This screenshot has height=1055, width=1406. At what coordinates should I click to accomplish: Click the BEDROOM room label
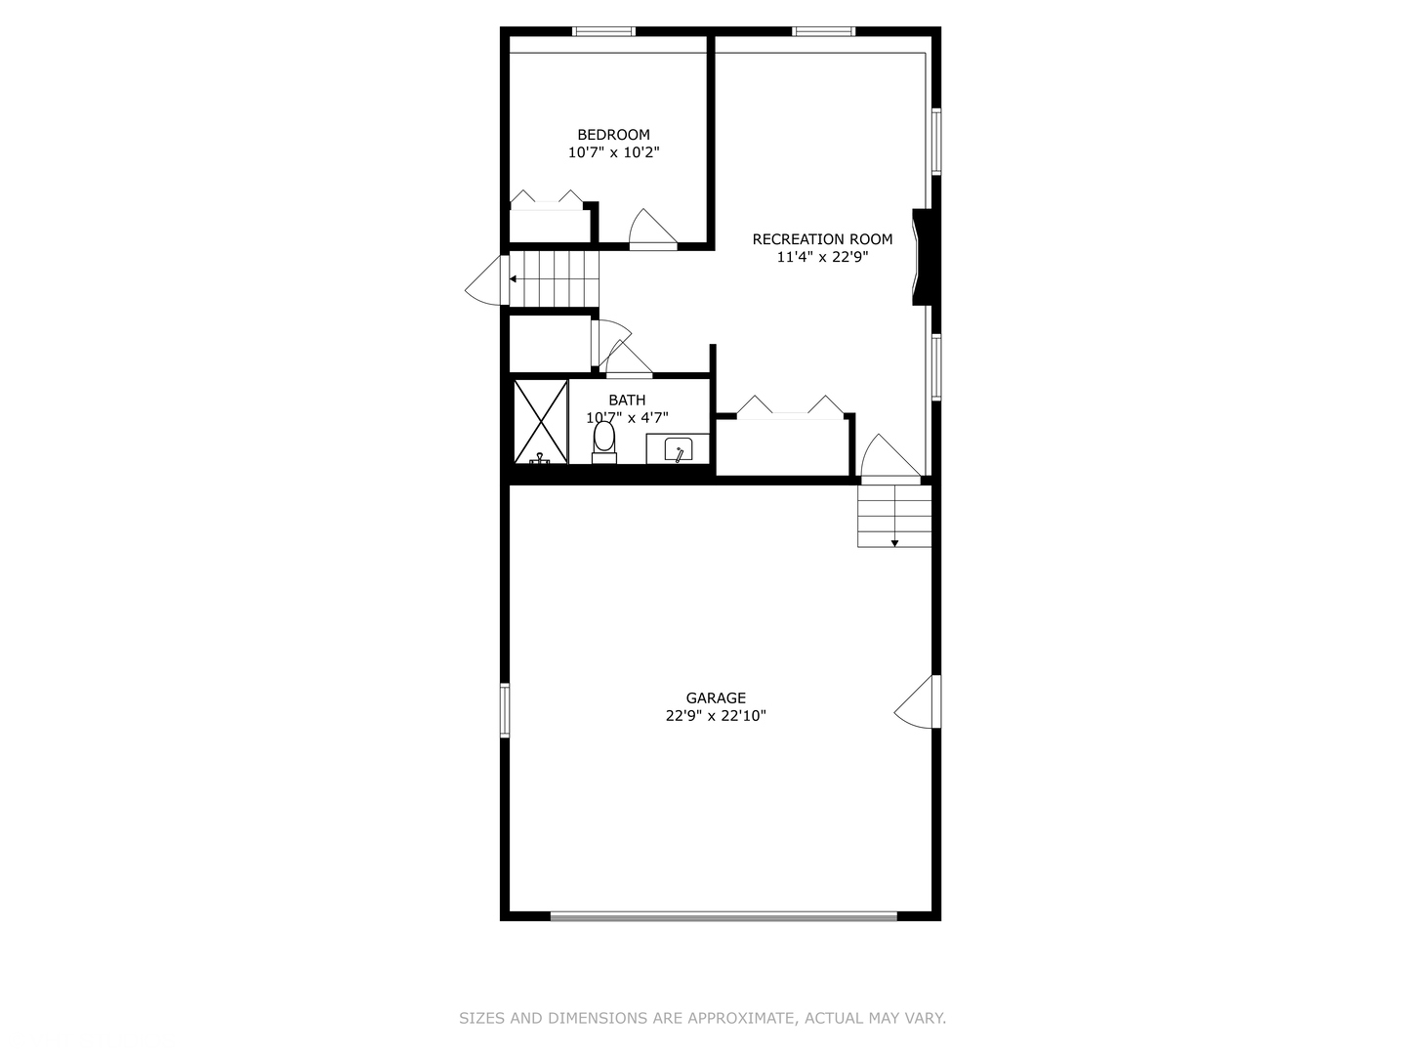click(613, 135)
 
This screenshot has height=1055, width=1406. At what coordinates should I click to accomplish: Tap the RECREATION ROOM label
click(822, 239)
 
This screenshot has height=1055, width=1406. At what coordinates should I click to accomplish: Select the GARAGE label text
click(716, 697)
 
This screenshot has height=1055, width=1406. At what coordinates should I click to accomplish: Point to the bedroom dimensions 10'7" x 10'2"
click(614, 152)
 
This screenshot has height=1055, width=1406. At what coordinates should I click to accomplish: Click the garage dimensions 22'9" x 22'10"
click(716, 716)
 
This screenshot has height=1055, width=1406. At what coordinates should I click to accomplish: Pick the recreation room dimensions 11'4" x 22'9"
click(822, 257)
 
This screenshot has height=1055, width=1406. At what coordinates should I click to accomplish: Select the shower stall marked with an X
click(541, 420)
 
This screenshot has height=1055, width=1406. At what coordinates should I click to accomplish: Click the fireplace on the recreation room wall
click(924, 257)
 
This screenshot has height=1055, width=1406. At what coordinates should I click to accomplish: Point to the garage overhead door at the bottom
click(724, 916)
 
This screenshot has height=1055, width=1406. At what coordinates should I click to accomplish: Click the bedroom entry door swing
click(651, 231)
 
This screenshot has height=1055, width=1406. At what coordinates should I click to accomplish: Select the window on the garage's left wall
click(505, 710)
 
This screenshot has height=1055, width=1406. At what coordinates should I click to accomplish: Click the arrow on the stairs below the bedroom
click(515, 278)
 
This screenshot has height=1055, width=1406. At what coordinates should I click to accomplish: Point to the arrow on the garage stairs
click(894, 541)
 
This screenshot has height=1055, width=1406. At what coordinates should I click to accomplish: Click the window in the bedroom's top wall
click(603, 31)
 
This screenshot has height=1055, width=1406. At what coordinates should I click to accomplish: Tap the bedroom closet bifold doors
click(546, 199)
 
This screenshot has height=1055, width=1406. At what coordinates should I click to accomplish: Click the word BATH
click(627, 400)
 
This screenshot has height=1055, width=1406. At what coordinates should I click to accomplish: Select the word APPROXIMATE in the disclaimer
click(741, 1018)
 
